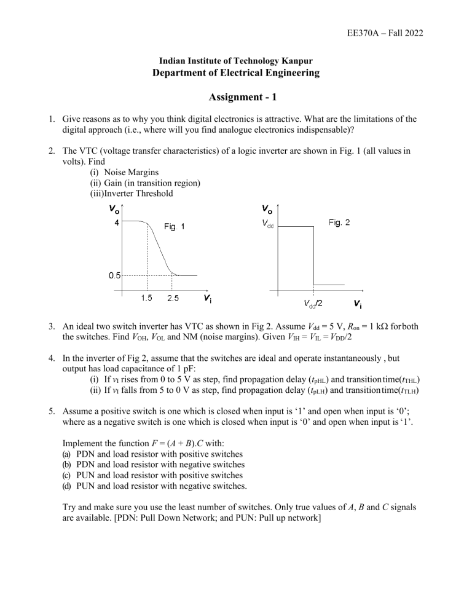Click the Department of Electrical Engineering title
click(x=235, y=73)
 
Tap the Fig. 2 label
click(x=339, y=222)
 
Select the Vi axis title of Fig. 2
click(x=358, y=304)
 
